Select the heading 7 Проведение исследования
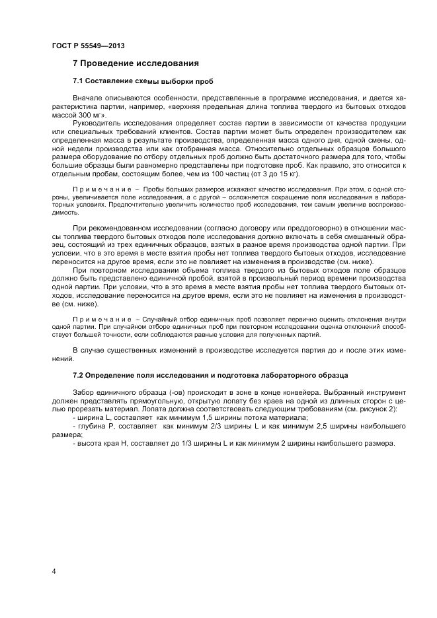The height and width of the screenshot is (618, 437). [135, 64]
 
